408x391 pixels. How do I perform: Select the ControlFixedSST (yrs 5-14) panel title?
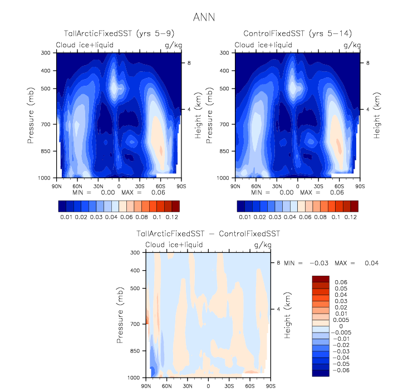[x=297, y=35]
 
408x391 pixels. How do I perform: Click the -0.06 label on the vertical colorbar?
[x=341, y=369]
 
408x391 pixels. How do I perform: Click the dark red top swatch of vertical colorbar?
[x=321, y=278]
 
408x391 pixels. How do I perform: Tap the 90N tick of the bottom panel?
[x=146, y=385]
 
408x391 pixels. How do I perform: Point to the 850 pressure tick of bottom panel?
[x=134, y=351]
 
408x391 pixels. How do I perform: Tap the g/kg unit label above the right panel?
[x=352, y=45]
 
